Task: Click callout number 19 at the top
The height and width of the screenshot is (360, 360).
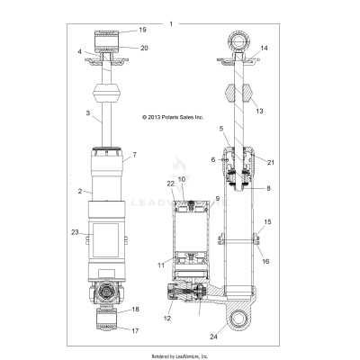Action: pos(142,30)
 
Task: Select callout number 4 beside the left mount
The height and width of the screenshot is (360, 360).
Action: pos(79,52)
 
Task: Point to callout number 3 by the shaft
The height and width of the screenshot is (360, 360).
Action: pos(87,113)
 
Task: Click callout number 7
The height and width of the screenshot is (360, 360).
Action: pos(135,155)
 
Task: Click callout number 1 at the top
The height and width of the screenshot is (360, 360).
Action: pos(170,22)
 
